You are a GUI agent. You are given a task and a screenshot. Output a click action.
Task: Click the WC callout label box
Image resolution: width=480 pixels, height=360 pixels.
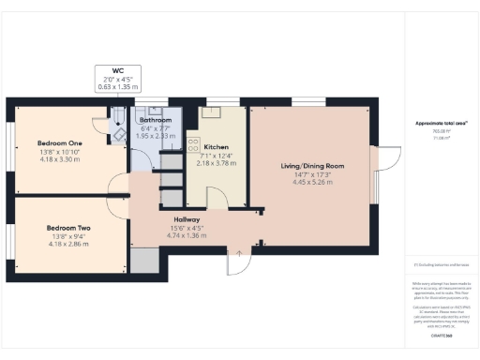click(x=116, y=78)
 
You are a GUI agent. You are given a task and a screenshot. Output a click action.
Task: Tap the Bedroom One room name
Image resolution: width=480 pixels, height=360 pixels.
click(x=60, y=142)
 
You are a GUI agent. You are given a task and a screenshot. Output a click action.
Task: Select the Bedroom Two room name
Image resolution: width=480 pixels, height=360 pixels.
click(x=69, y=227)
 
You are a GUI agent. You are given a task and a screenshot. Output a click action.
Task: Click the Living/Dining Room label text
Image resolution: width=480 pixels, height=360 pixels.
click(x=313, y=166)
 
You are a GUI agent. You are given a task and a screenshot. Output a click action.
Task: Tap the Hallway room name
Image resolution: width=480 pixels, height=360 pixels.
click(x=175, y=218)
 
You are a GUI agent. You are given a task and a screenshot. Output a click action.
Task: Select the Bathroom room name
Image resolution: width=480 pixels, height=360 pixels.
click(x=155, y=120)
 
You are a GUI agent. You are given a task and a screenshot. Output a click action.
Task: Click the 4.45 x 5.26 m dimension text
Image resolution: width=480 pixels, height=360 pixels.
click(x=313, y=183)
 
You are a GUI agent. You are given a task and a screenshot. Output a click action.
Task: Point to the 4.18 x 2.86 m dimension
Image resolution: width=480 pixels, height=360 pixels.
click(x=69, y=244)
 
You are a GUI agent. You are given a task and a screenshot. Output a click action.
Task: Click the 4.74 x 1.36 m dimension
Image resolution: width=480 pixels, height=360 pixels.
click(x=175, y=235)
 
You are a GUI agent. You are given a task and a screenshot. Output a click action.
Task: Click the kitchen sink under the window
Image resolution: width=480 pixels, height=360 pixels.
click(x=212, y=112)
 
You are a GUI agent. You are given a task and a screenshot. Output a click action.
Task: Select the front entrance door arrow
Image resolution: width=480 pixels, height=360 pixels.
click(x=240, y=251)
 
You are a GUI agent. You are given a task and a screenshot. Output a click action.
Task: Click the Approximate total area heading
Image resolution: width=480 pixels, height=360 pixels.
click(x=441, y=124)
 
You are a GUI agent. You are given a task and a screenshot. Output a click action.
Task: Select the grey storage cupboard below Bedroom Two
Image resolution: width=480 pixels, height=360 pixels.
click(x=145, y=261)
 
